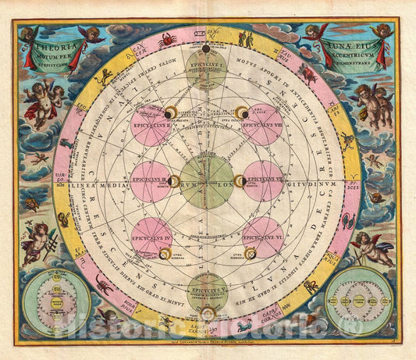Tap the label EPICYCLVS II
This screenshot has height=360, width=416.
[151, 123]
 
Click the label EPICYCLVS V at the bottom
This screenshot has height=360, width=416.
[208, 289]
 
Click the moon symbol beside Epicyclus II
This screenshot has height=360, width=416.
[171, 114]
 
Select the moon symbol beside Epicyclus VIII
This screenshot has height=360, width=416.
[244, 114]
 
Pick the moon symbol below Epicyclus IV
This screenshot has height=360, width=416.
[165, 252]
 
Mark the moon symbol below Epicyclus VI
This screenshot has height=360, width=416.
[251, 252]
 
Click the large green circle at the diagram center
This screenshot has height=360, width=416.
[208, 181]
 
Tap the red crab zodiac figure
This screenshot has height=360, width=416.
[165, 38]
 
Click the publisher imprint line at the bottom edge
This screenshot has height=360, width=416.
[208, 343]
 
